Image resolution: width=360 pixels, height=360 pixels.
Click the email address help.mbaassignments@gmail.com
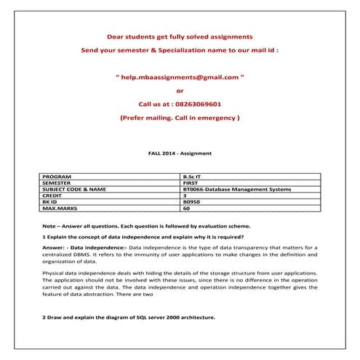pyautogui.click(x=180, y=76)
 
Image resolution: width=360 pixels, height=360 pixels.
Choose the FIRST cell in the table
pyautogui.click(x=191, y=183)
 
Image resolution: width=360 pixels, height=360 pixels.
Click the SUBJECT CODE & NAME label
pyautogui.click(x=75, y=190)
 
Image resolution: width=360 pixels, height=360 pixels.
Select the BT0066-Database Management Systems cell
pyautogui.click(x=238, y=190)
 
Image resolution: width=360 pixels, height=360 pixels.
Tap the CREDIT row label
pyautogui.click(x=54, y=196)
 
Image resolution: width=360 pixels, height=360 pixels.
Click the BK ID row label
pyautogui.click(x=52, y=202)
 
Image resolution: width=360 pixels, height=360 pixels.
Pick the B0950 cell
pyautogui.click(x=192, y=202)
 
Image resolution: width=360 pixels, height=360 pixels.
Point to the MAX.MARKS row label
pyautogui.click(x=60, y=209)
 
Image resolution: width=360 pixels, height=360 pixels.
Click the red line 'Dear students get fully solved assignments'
pyautogui.click(x=180, y=36)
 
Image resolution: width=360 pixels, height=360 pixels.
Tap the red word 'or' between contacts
pyautogui.click(x=180, y=90)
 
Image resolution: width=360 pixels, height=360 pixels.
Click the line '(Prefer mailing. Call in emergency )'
pyautogui.click(x=180, y=117)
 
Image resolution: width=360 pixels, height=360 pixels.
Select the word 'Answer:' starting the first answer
pyautogui.click(x=55, y=248)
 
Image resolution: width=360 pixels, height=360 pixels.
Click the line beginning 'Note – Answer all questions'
pyautogui.click(x=146, y=225)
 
